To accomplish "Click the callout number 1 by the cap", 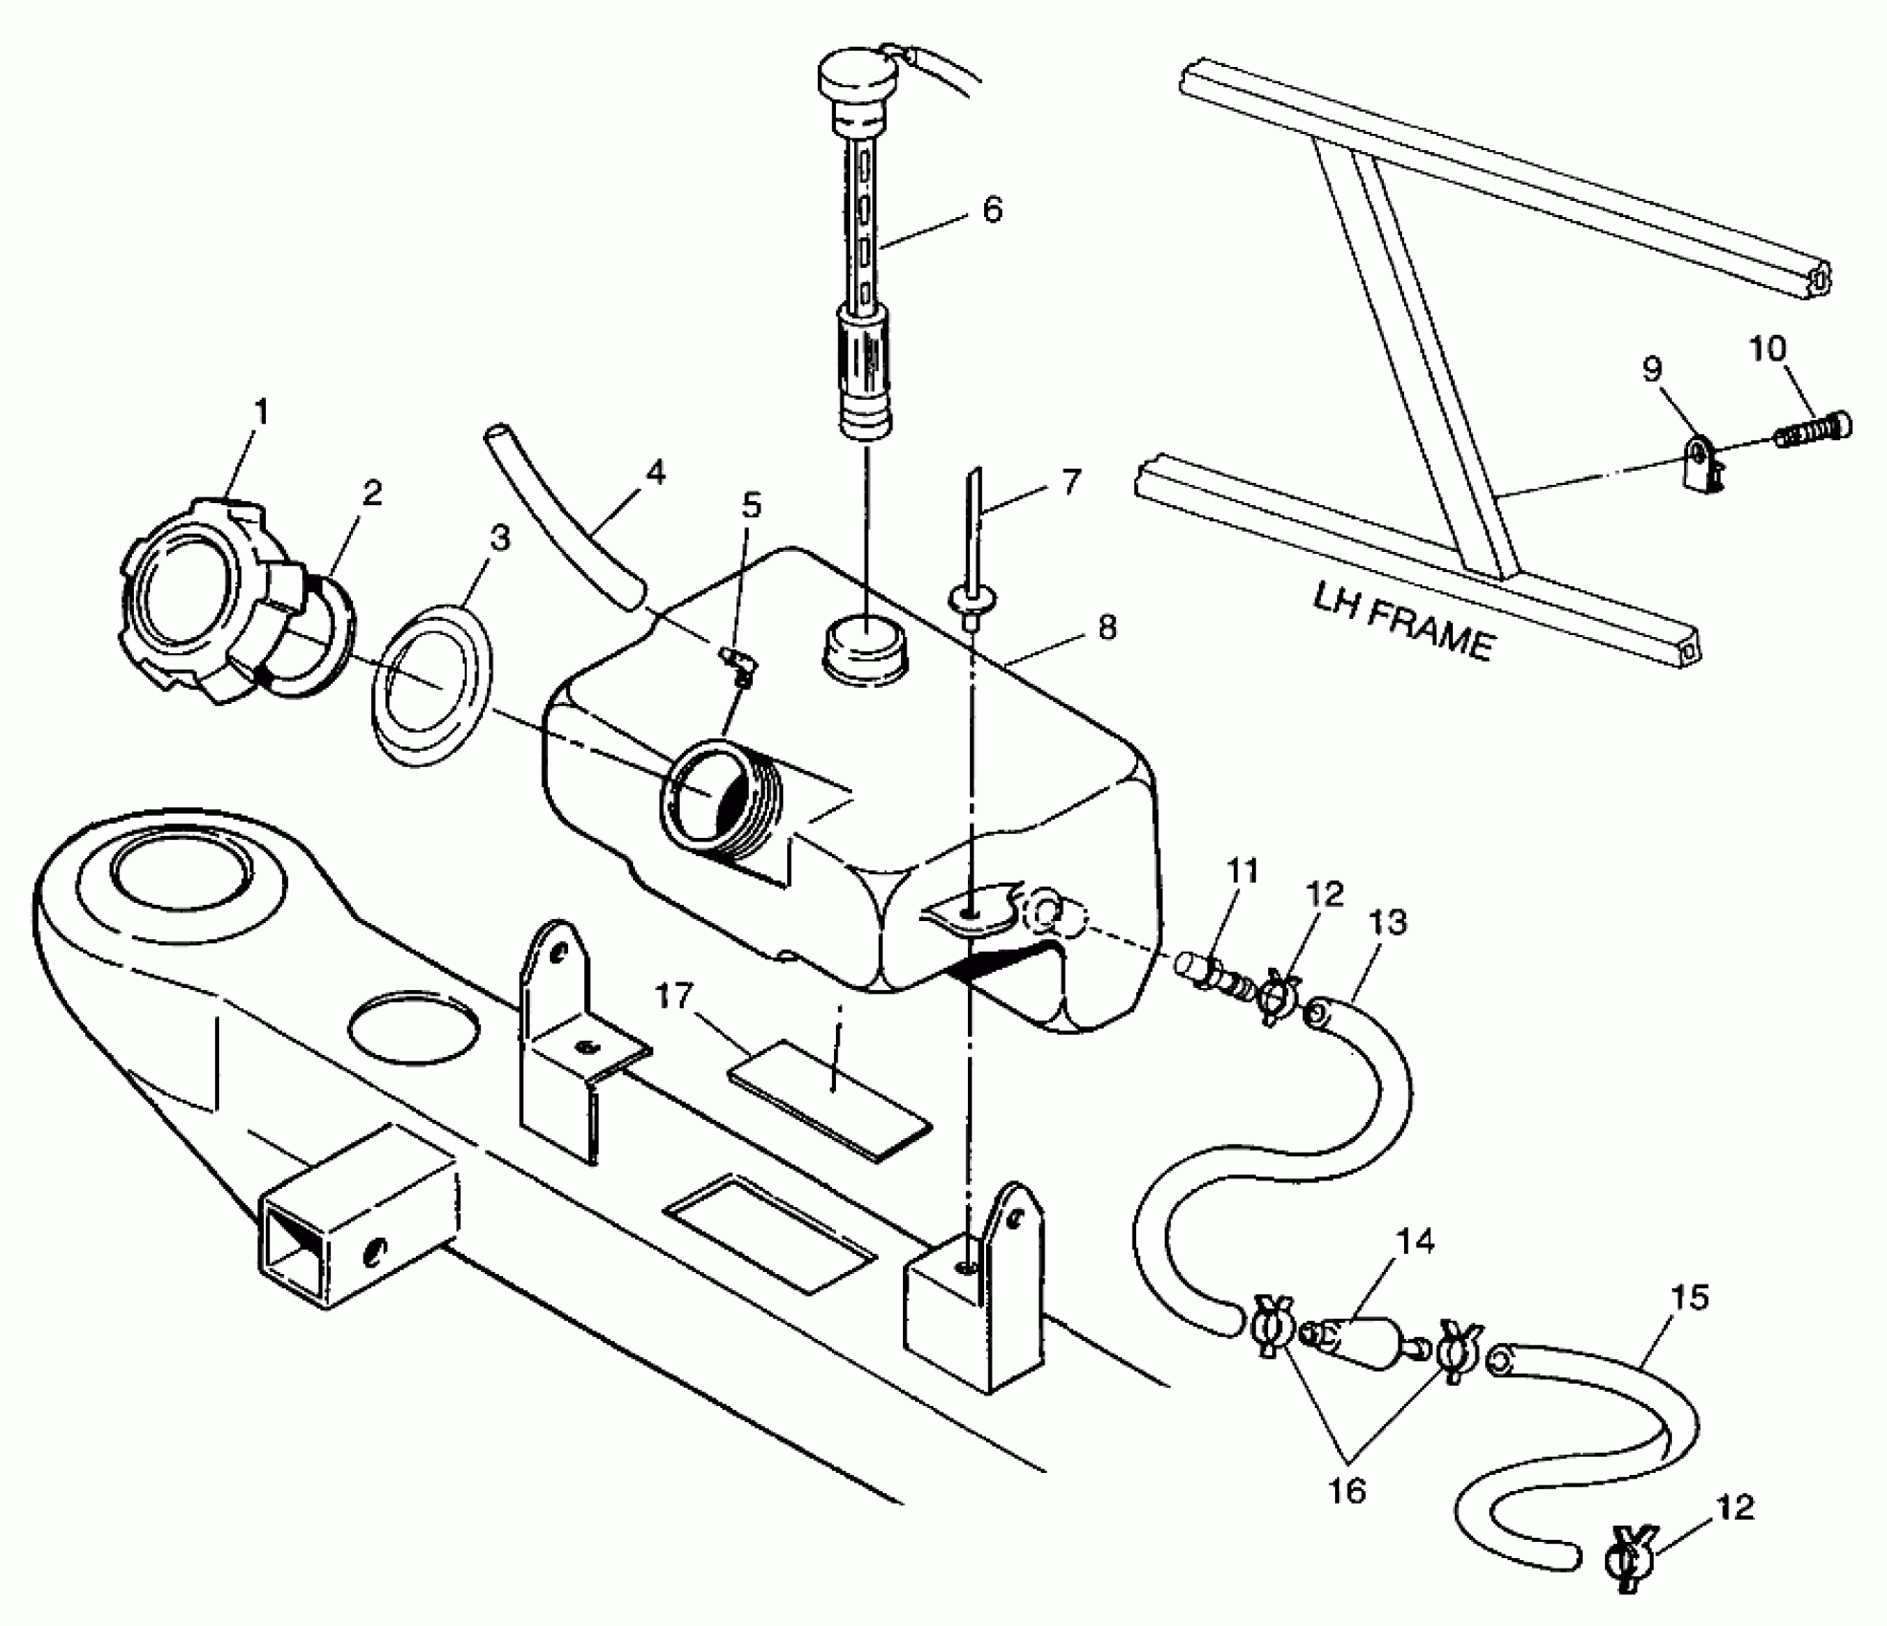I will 260,412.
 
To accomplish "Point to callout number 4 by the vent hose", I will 654,472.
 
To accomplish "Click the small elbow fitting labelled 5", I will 735,664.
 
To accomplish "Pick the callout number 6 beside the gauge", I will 992,209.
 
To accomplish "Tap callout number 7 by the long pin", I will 1070,482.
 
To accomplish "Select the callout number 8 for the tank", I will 1107,628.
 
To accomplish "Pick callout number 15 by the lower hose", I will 1687,1298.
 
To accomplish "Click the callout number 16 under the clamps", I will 1347,1489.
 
